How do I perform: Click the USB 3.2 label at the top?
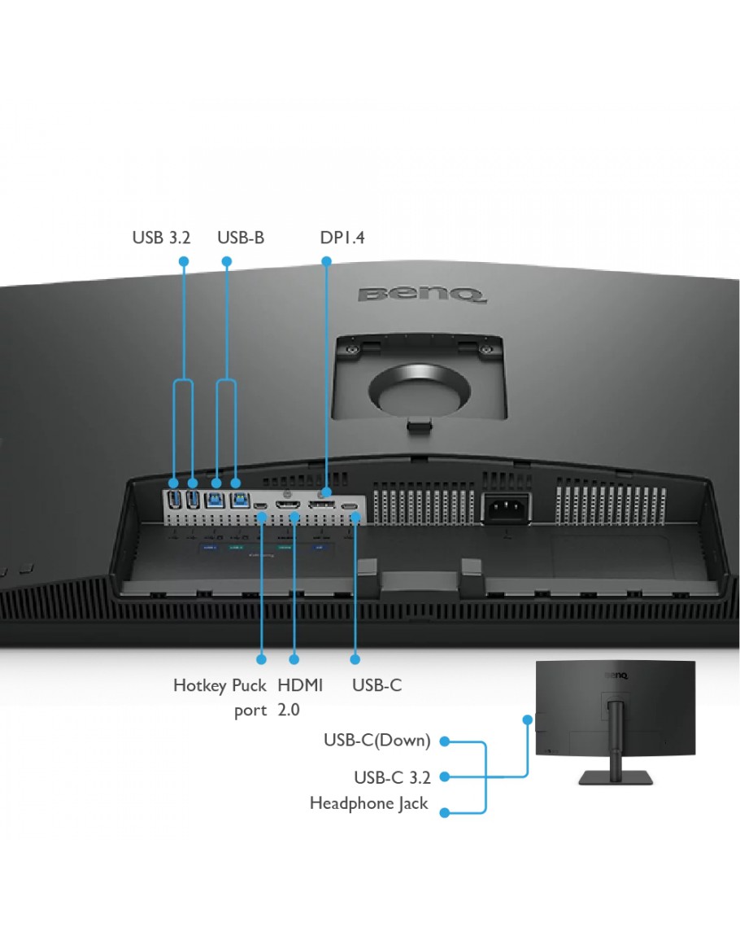coord(161,238)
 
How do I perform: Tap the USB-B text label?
coord(240,238)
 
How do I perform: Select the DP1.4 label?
coord(342,238)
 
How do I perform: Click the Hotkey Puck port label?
coord(220,697)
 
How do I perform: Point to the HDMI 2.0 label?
coord(300,697)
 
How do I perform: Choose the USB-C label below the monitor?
coord(377,685)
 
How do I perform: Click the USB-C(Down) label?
coord(377,741)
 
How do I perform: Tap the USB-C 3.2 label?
coord(392,777)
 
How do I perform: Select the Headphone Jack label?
coord(368,803)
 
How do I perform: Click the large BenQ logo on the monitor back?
coord(422,295)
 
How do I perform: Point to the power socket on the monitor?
coord(507,509)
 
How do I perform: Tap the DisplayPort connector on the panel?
coord(321,505)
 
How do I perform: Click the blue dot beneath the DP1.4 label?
coord(327,261)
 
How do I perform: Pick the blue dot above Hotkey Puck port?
coord(261,659)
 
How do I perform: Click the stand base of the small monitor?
coord(616,777)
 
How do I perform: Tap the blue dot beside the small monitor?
coord(527,719)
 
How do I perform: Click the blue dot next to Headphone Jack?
coord(445,813)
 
